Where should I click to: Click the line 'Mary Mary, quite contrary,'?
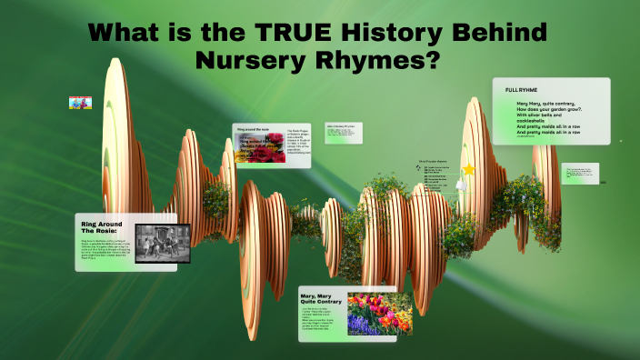coord(540,104)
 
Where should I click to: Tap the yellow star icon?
coord(469,169)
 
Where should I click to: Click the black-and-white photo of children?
coord(163,243)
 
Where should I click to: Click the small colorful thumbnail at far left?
coord(80,103)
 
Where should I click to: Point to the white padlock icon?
coord(461,185)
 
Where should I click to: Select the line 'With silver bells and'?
coord(535,117)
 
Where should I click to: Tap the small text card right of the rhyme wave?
coord(580,174)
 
